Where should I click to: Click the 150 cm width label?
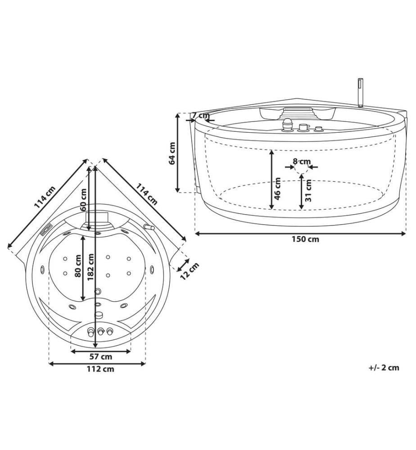305,239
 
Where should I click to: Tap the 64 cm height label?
172,153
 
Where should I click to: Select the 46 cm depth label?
277,188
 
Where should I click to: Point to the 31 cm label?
308,190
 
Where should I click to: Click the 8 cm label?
302,161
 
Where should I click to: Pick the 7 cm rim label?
201,115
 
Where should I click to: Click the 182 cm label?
91,267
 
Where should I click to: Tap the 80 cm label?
78,266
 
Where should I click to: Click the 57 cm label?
101,357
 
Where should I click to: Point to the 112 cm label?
100,369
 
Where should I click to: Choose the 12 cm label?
190,271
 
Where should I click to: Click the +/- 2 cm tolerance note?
384,368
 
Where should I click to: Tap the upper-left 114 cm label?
45,197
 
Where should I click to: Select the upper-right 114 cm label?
146,194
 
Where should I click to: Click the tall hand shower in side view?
360,92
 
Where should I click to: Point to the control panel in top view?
45,229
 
